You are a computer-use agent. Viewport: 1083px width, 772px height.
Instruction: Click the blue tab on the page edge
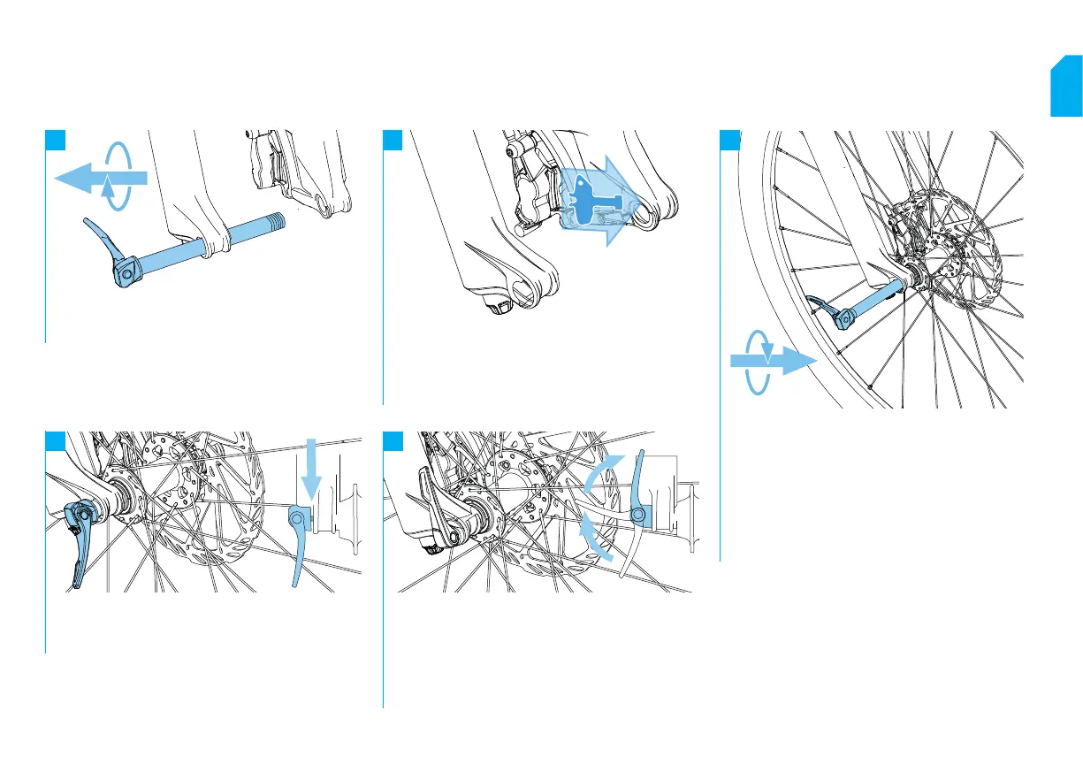click(x=1066, y=88)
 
